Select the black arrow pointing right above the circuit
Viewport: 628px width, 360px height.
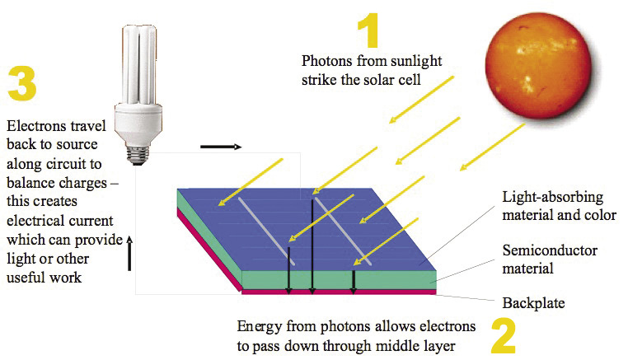pyautogui.click(x=220, y=147)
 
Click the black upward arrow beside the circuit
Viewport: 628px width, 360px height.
pyautogui.click(x=129, y=252)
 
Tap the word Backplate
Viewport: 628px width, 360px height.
pyautogui.click(x=533, y=303)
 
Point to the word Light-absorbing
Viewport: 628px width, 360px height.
pyautogui.click(x=553, y=198)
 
